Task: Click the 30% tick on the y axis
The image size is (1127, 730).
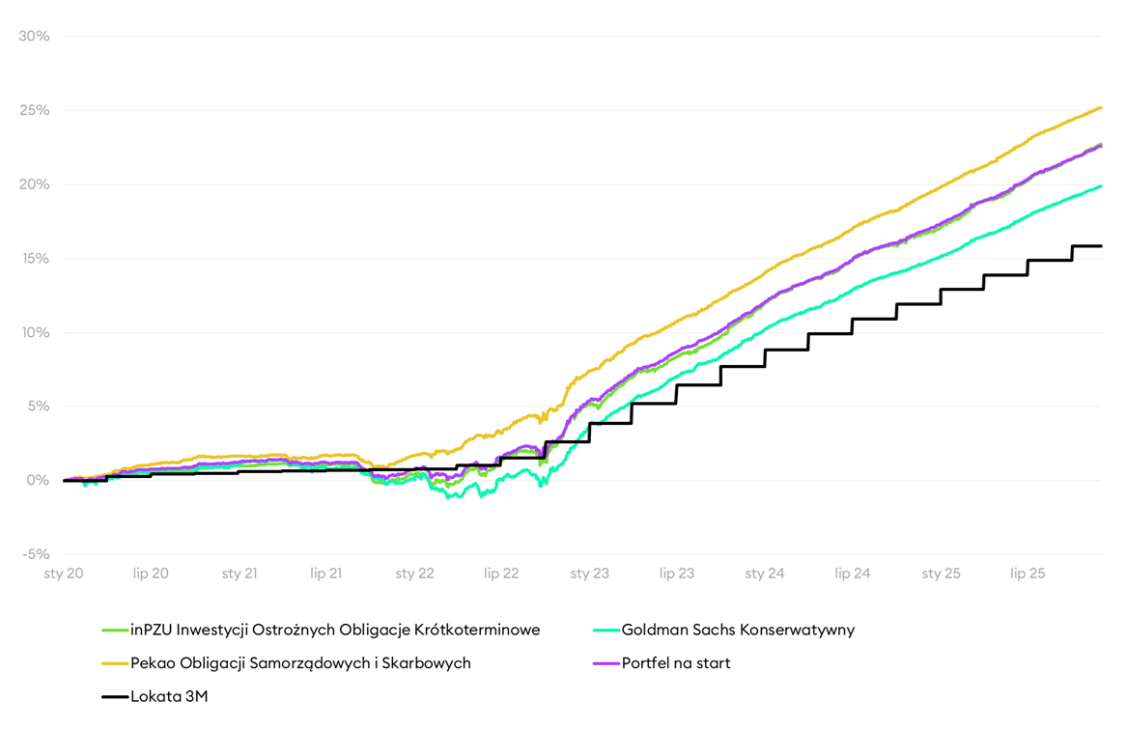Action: tap(34, 37)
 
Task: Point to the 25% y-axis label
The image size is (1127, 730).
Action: tap(34, 110)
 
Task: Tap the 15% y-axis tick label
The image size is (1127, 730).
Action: tap(34, 259)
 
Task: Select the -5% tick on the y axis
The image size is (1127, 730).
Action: tap(35, 554)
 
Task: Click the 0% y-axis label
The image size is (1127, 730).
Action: tap(38, 480)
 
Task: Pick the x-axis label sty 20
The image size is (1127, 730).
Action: tap(64, 574)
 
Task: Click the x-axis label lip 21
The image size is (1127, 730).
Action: tap(326, 574)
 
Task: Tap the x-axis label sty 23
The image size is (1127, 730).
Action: tap(589, 574)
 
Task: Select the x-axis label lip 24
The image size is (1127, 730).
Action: tap(852, 574)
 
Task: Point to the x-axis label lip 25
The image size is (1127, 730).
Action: tap(1028, 574)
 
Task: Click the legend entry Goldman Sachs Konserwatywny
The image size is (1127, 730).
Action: tap(738, 631)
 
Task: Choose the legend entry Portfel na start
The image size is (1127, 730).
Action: tap(676, 663)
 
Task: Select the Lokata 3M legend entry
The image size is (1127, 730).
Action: tap(169, 696)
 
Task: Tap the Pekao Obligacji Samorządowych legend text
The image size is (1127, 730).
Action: tap(300, 663)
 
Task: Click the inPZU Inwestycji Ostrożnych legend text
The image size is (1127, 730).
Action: tap(335, 631)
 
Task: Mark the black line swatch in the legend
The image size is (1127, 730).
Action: tap(115, 696)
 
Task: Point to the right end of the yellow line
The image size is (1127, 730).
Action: tap(1102, 107)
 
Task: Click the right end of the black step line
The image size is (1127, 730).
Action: tap(1102, 246)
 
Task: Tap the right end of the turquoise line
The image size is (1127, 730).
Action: tap(1102, 186)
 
